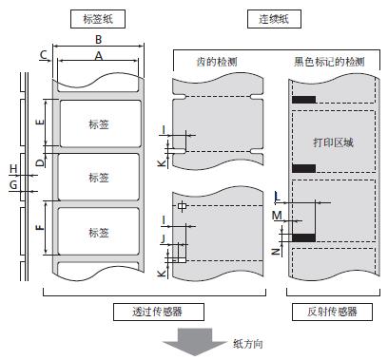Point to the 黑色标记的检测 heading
[329, 62]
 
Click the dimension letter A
[97, 56]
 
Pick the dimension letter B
[98, 40]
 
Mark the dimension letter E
[39, 123]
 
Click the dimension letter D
[39, 162]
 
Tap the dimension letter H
[13, 169]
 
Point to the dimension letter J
[164, 239]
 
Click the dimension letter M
[277, 216]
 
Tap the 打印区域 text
[333, 142]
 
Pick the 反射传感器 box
[329, 311]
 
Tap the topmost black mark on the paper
[304, 100]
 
